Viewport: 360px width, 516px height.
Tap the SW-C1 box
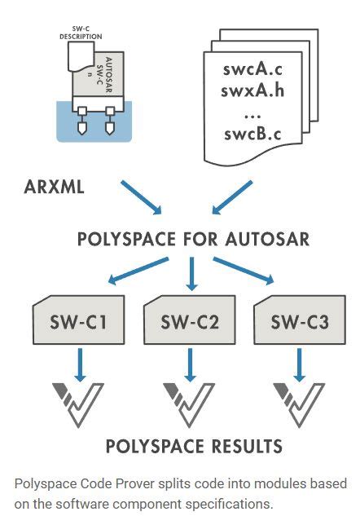[x=79, y=322]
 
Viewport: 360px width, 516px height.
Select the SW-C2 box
[x=189, y=322]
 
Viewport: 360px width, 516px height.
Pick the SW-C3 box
[x=299, y=322]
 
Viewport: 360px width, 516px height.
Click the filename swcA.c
[x=250, y=68]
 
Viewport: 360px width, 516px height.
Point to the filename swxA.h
[x=250, y=90]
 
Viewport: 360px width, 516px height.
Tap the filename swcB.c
[x=250, y=133]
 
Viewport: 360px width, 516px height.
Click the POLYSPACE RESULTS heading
[x=193, y=447]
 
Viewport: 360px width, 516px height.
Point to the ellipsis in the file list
[x=250, y=112]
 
